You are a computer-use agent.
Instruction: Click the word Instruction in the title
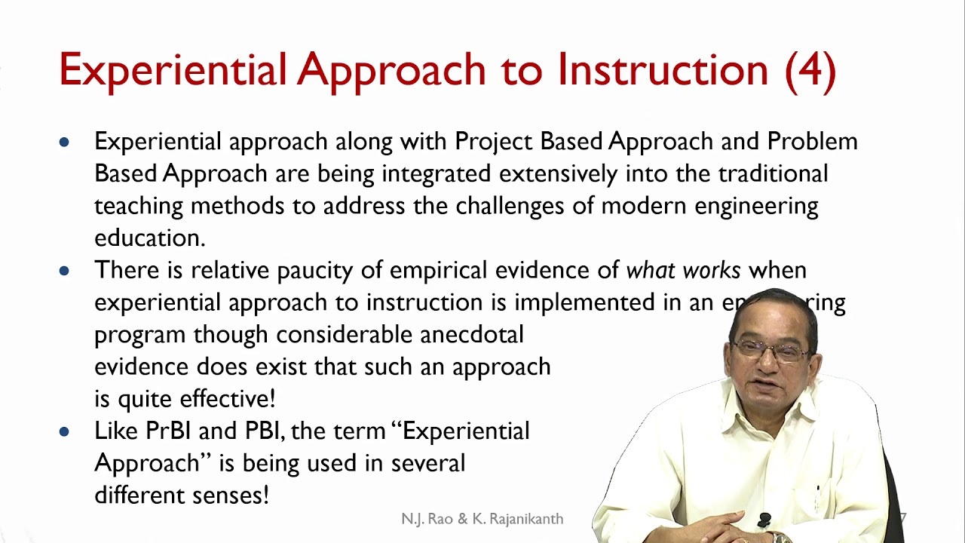(663, 70)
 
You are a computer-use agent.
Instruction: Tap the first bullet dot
(64, 142)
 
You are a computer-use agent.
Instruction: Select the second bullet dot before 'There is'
(64, 270)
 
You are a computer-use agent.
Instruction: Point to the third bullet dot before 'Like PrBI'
(64, 431)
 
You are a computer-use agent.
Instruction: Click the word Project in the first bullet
(492, 142)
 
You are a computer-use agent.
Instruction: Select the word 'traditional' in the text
(773, 173)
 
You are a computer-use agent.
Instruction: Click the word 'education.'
(149, 238)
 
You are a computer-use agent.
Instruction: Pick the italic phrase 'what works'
(683, 270)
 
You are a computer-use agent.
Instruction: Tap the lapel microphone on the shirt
(764, 520)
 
